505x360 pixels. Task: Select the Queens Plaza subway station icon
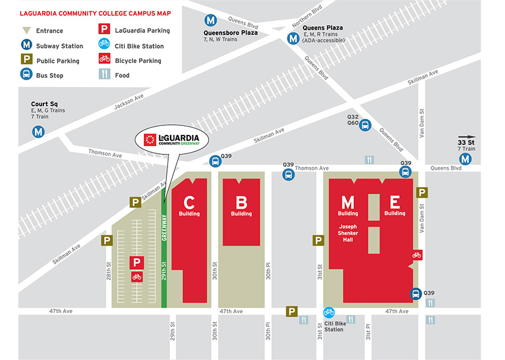[293, 38]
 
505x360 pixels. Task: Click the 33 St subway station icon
[465, 159]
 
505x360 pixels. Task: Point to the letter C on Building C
[189, 203]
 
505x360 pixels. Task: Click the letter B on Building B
[241, 203]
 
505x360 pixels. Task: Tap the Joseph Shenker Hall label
[348, 233]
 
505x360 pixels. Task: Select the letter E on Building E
[394, 203]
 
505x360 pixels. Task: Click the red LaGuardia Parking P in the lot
[137, 262]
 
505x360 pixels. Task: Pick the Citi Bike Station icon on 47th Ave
[329, 312]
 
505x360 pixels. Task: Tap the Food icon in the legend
[104, 75]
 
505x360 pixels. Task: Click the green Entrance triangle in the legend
[26, 31]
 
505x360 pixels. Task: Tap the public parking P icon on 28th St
[107, 241]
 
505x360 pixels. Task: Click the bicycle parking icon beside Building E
[417, 255]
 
